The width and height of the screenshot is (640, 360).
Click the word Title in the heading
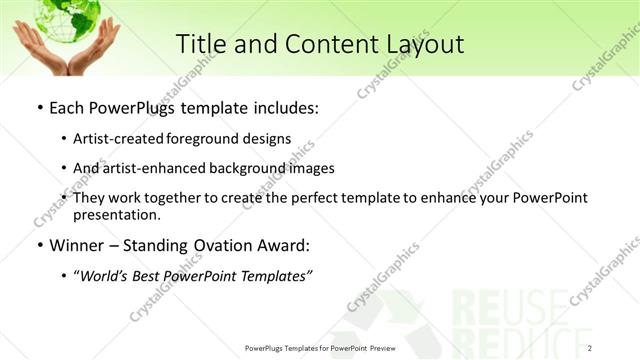199,44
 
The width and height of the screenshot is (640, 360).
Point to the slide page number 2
590,347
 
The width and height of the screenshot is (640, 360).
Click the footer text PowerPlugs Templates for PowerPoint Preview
318,347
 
